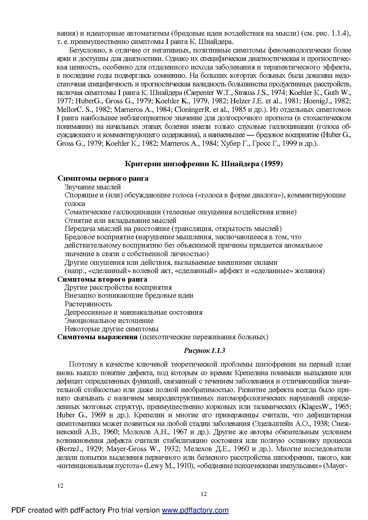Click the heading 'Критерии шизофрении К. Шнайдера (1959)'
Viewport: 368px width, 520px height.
click(203, 164)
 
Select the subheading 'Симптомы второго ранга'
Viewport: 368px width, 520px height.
click(102, 279)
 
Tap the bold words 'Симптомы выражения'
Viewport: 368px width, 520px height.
click(97, 337)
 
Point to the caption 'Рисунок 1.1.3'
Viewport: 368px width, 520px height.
click(204, 351)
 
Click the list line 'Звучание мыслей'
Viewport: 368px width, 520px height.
click(93, 187)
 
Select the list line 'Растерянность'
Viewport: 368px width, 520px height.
click(88, 304)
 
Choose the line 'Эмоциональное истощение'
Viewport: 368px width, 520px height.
click(109, 321)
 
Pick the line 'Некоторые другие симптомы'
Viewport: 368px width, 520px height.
click(111, 329)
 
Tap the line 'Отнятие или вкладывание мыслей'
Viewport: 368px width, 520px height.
click(120, 221)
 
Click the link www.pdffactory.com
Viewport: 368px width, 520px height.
click(195, 511)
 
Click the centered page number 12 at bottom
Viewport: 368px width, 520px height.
click(204, 494)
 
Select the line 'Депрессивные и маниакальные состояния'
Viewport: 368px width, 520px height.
click(133, 312)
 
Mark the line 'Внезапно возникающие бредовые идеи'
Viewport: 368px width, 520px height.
click(129, 296)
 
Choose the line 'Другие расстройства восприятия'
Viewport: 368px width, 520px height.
click(118, 287)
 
